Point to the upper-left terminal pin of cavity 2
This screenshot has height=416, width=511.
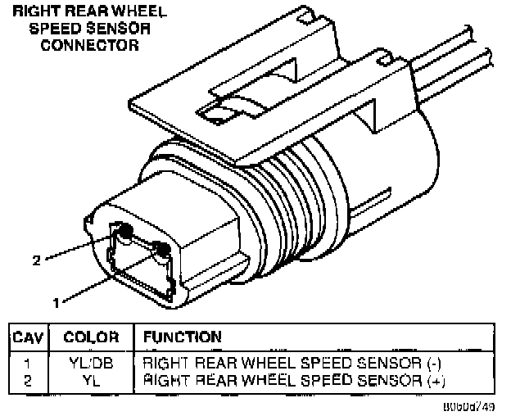click(x=126, y=234)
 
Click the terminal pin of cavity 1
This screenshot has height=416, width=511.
click(x=163, y=247)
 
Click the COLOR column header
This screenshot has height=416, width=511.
click(x=92, y=337)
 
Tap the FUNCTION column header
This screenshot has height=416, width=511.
click(x=182, y=337)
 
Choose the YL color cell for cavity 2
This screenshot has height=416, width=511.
click(x=91, y=380)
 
